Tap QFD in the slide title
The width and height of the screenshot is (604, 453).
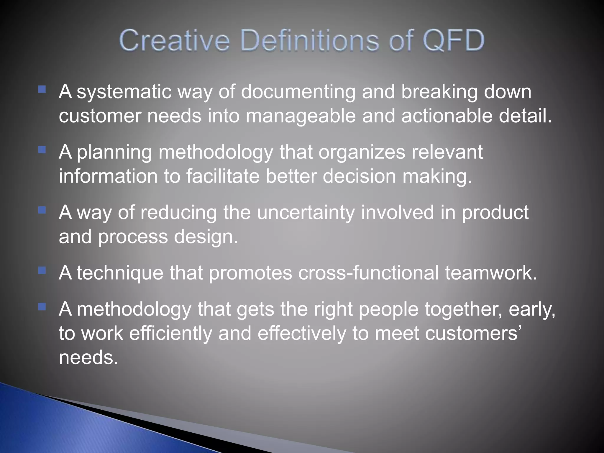point(453,40)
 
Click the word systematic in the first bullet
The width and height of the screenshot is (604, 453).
point(124,92)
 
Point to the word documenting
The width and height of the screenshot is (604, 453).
point(298,92)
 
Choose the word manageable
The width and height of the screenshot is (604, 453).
point(301,116)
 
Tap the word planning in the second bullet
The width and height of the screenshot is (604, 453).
point(114,152)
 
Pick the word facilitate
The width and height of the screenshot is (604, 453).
point(223,176)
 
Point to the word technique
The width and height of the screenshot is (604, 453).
point(120,273)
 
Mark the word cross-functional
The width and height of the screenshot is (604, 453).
point(368,273)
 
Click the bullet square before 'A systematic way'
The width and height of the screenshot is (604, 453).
point(42,89)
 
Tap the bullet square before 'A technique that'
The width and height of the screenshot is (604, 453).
point(42,270)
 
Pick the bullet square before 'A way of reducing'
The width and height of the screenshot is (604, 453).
point(42,210)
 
